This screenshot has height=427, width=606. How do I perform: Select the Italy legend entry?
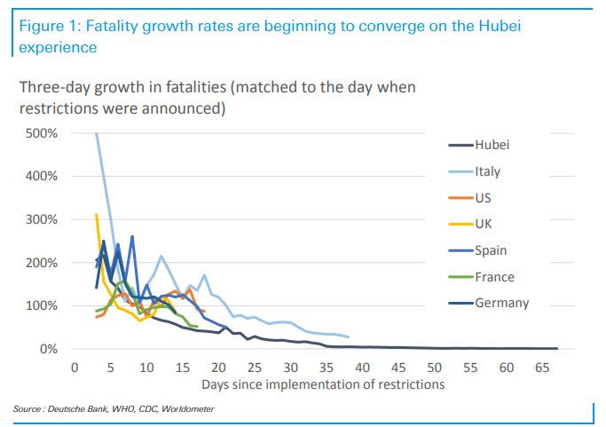coord(489,172)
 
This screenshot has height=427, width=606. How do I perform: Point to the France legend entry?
coord(495,277)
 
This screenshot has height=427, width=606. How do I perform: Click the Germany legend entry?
coord(501,303)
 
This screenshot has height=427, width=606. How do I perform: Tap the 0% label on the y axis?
coord(48,349)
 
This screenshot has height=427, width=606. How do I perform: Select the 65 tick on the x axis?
coord(541,366)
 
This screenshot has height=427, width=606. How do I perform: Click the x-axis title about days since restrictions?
coord(322,384)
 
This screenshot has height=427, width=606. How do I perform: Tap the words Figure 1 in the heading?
coord(46,26)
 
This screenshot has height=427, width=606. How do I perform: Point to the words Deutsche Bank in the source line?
coord(75,408)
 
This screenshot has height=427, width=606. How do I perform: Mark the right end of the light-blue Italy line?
coord(349,337)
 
